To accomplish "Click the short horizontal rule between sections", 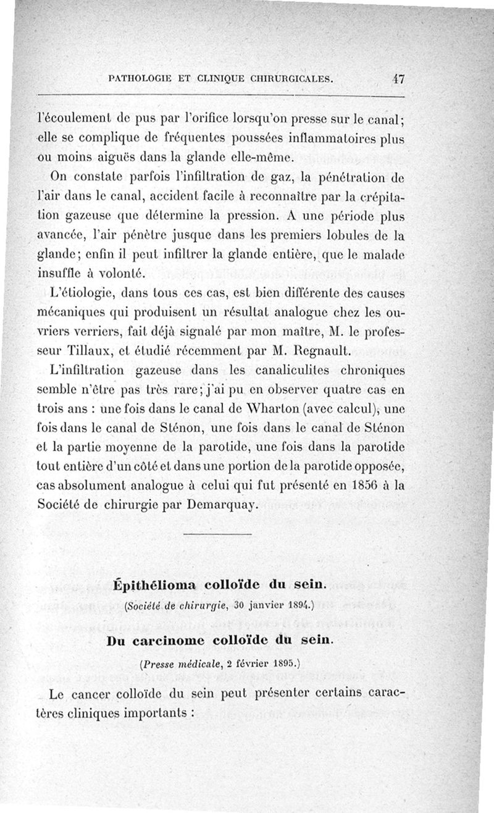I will (218, 533).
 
